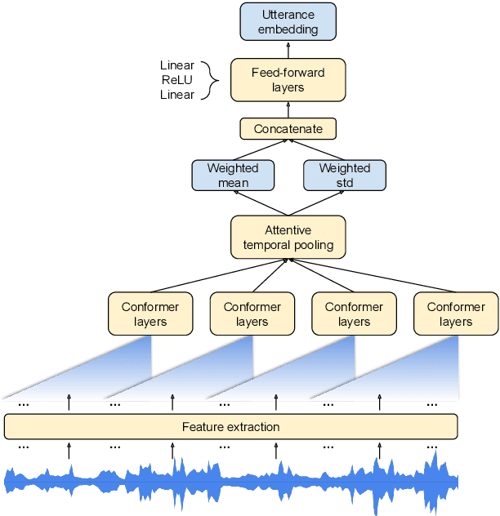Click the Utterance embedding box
tap(288, 22)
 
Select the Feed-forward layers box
tap(288, 79)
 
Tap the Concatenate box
tap(288, 129)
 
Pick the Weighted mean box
tap(233, 176)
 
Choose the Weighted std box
tap(344, 176)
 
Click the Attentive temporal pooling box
tap(288, 238)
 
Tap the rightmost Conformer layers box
tap(456, 314)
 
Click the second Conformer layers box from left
tap(252, 314)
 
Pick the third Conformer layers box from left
tap(354, 314)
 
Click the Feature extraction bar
tap(230, 427)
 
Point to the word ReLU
tap(177, 79)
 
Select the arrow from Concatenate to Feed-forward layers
tap(288, 109)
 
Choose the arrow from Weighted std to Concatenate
tap(319, 149)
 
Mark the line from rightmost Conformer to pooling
tap(372, 277)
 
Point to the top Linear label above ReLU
tap(177, 64)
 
